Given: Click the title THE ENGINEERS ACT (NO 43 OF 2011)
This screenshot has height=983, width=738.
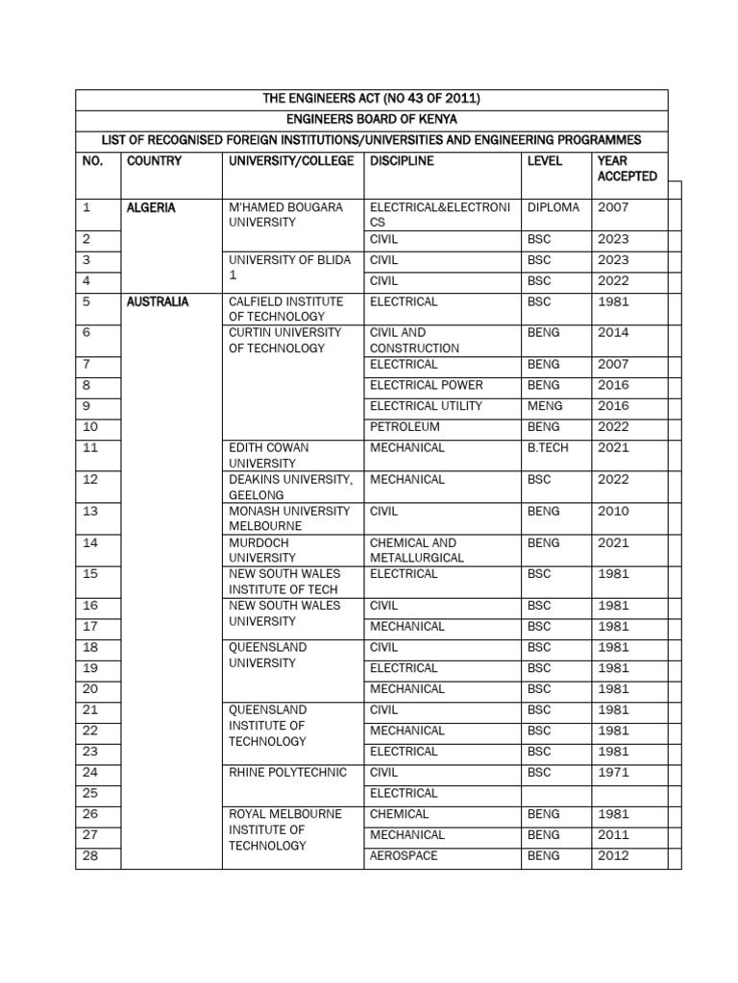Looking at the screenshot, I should coord(371,100).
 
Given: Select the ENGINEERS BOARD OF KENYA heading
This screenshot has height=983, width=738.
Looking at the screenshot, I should coord(371,120).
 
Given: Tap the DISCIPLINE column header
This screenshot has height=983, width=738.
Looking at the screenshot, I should coord(402,161).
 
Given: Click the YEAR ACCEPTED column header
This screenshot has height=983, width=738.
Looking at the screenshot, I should coord(627,169).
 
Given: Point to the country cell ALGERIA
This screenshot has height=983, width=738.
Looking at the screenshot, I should coord(151,207).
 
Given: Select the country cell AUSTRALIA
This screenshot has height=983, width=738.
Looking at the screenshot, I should coord(158,301).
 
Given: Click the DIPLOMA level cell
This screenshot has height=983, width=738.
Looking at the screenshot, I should coord(553,207).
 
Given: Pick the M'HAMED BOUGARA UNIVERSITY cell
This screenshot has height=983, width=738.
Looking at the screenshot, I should coord(285,215).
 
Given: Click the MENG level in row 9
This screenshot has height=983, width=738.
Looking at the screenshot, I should coord(544,406).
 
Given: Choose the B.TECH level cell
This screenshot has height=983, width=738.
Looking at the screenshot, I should coord(548,447).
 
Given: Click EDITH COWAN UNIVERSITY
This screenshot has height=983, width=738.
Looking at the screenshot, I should coord(268,455).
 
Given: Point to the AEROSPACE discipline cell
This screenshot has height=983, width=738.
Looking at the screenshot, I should coord(404,856).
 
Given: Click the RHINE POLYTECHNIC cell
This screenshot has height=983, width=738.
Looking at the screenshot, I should coord(287,773).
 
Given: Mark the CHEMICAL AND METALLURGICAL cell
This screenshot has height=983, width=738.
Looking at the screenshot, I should coord(416,550).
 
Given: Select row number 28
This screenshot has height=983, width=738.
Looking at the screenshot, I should coord(91,856).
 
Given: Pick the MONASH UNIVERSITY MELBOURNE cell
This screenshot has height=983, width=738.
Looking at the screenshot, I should coord(289,518).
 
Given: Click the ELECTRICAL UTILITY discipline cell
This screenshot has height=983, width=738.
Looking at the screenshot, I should coord(426,406).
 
